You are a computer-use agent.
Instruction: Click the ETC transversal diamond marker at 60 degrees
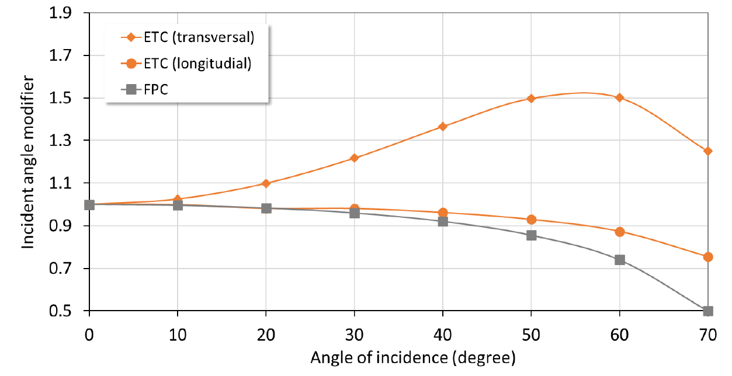click(620, 98)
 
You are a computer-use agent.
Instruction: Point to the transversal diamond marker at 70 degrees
click(708, 151)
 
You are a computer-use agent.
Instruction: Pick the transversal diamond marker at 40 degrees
click(443, 126)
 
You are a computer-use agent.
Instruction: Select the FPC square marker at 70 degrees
click(708, 311)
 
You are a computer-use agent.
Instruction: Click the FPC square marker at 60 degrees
click(620, 260)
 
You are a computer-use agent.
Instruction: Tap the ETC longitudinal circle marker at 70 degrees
click(708, 257)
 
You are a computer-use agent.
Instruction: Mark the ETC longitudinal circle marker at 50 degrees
click(531, 220)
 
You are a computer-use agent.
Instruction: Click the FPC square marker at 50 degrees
click(531, 235)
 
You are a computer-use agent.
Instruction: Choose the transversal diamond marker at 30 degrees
click(354, 158)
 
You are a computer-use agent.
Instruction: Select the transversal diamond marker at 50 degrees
click(531, 98)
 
